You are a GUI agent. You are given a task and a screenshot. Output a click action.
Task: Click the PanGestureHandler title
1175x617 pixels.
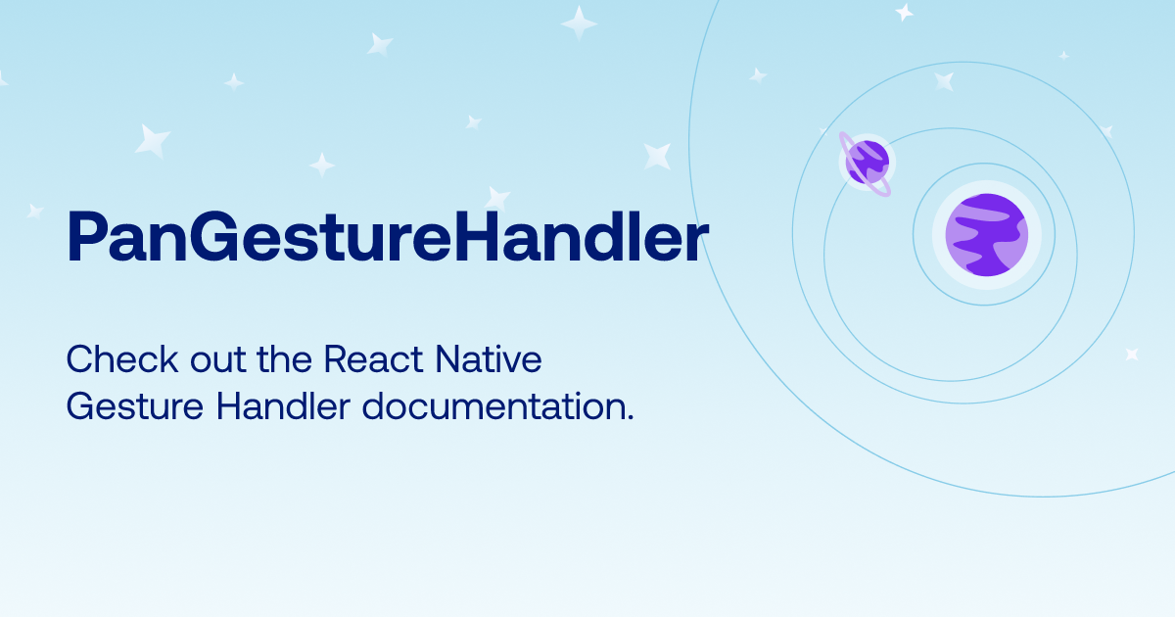(x=388, y=236)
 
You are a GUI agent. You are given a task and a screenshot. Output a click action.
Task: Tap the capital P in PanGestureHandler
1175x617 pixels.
(x=86, y=236)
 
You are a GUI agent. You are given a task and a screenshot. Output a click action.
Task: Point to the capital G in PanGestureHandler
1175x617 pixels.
(x=214, y=236)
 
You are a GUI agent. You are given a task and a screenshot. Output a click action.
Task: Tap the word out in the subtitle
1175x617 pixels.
(x=217, y=361)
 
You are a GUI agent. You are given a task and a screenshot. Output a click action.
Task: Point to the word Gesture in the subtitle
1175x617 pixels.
(x=135, y=406)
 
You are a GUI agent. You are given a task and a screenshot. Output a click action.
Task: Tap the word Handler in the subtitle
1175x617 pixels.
(x=283, y=405)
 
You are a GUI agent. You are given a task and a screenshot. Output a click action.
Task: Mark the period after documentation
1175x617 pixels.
(x=630, y=417)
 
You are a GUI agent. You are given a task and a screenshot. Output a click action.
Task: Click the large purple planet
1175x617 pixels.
(x=987, y=234)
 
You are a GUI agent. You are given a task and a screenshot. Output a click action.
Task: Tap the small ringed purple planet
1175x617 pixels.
(x=866, y=164)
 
